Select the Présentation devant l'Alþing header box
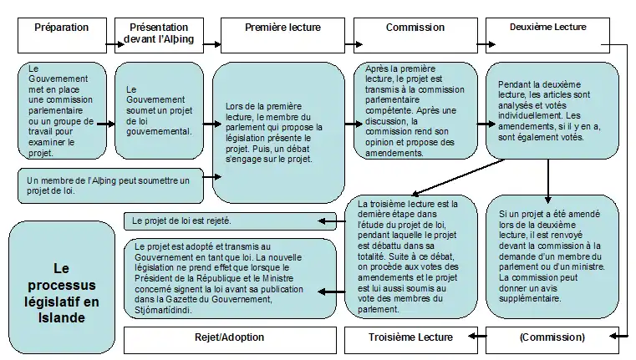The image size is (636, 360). click(x=159, y=34)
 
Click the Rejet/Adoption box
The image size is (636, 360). click(x=223, y=338)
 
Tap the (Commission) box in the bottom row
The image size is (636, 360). click(x=551, y=338)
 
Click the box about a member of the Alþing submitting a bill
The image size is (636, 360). click(x=111, y=185)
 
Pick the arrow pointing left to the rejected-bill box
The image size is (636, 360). click(x=333, y=221)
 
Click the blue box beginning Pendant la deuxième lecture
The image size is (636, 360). click(x=551, y=109)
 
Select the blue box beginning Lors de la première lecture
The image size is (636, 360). click(x=279, y=133)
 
